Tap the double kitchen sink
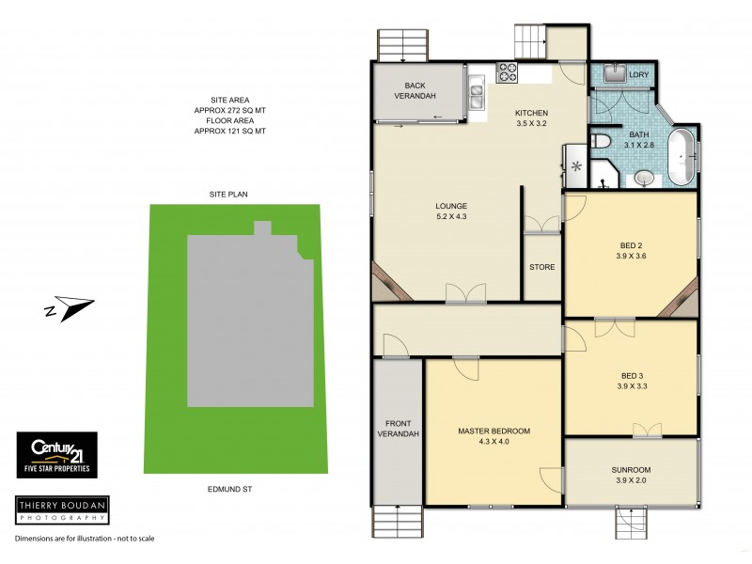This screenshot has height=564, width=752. tap(477, 93)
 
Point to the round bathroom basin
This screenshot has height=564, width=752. tap(643, 176)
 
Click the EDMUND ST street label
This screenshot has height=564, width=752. tap(231, 490)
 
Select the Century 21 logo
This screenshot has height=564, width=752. tap(56, 455)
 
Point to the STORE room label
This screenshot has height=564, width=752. tap(541, 267)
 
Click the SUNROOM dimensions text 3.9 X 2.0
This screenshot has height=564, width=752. tap(631, 481)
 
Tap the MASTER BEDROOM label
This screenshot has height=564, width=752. tap(493, 431)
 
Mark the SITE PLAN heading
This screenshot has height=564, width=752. tap(227, 194)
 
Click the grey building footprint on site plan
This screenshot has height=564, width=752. tap(249, 320)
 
